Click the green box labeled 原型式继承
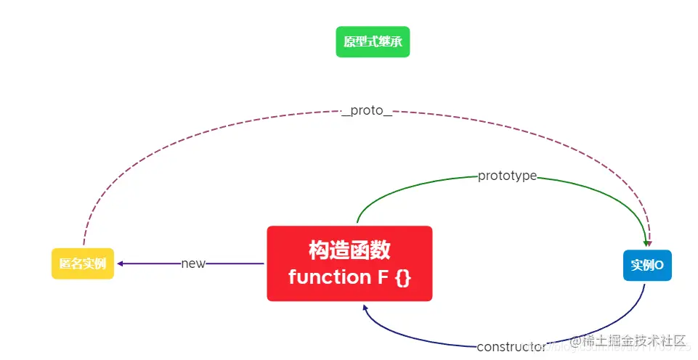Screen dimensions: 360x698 coord(373,41)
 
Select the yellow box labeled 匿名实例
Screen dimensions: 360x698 coord(83,263)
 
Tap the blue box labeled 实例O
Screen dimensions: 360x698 coord(647,265)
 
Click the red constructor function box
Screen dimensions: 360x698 coord(349,263)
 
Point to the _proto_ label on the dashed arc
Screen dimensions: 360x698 coord(367,112)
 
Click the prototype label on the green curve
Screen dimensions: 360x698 coord(507,176)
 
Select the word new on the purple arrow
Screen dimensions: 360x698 coord(193,263)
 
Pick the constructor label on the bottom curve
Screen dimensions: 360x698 coord(511,347)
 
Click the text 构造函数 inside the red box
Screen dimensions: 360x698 coord(349,250)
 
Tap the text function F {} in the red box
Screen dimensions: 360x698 coord(349,277)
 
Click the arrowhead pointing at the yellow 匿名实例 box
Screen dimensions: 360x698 coord(121,263)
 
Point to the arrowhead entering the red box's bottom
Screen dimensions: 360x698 coord(366,308)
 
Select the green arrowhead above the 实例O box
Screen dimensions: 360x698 coord(645,243)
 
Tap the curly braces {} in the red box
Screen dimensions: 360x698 coord(403,277)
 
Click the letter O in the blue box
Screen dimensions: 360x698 coord(660,265)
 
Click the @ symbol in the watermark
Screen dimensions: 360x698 coord(575,340)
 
